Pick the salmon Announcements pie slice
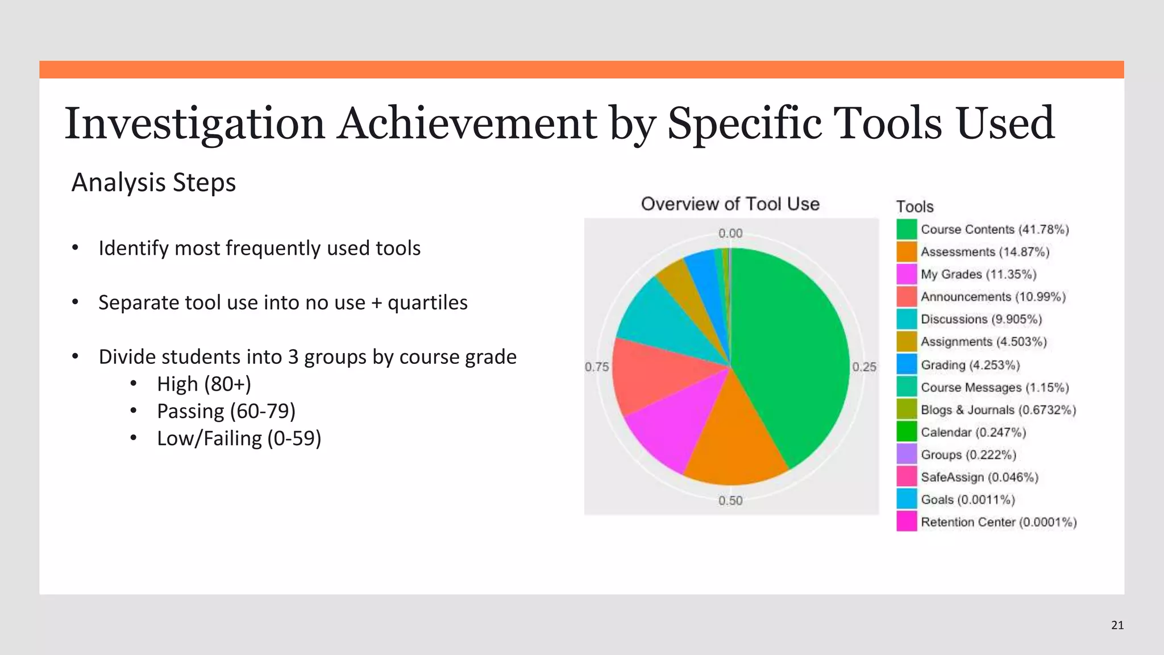click(654, 375)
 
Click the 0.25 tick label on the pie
click(864, 367)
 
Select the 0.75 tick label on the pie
click(597, 367)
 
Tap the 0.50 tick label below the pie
click(730, 501)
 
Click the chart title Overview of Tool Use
click(730, 204)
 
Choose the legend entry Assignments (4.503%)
click(983, 342)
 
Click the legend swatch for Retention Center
click(907, 522)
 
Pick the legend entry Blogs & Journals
click(998, 410)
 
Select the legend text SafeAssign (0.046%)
click(979, 478)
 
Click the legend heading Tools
click(914, 207)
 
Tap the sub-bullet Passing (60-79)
click(226, 411)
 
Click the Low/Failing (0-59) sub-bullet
click(239, 438)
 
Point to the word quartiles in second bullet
click(427, 302)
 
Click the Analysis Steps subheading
click(153, 183)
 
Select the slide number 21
click(1117, 625)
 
